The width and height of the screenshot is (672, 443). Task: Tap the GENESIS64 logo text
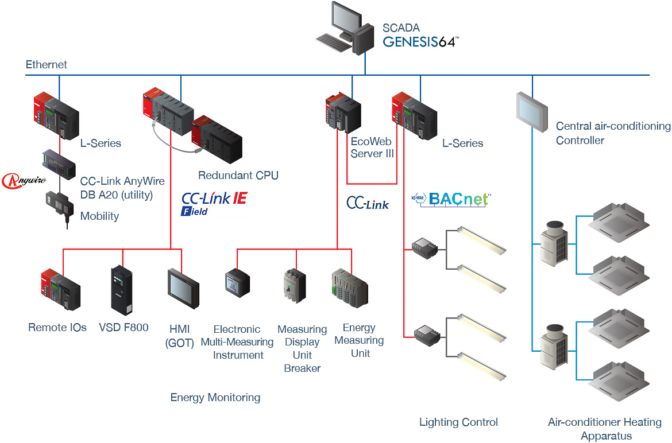420,41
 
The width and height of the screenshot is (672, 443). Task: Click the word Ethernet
46,65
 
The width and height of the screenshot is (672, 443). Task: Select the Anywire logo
24,181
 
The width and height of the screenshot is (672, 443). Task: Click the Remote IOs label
57,328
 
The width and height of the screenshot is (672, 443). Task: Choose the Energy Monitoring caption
215,397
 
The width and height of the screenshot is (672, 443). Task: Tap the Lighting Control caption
458,422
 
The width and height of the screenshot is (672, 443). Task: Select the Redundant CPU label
238,175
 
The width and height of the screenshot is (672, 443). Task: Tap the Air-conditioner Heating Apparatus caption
605,429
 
